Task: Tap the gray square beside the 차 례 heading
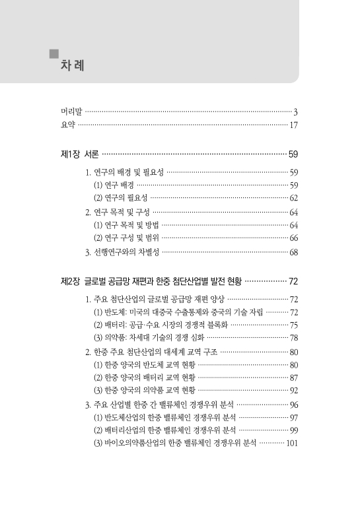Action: tap(55, 53)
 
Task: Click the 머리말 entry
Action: tap(67, 112)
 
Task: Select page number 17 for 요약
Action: tap(295, 125)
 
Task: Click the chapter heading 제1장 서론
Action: tap(79, 155)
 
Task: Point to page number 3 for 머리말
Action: tap(297, 112)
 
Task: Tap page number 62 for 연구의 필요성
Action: tap(295, 198)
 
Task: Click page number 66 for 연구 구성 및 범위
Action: tap(295, 238)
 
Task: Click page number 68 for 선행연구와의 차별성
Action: tap(295, 251)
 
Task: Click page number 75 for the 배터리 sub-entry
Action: tap(295, 325)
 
